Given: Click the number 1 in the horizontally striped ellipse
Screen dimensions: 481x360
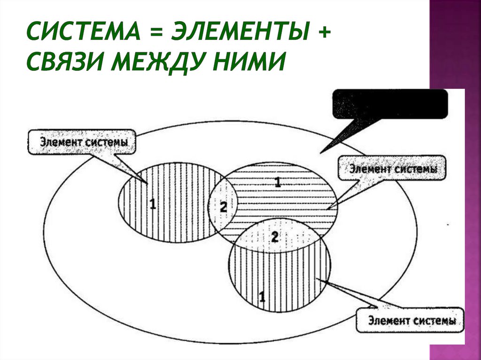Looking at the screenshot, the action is click(278, 183).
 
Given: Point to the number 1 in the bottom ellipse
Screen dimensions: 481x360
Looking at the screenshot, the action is click(262, 296).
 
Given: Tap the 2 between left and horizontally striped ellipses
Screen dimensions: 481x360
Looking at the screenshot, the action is click(223, 206).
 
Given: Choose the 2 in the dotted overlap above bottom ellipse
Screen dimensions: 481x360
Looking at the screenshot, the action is click(275, 237).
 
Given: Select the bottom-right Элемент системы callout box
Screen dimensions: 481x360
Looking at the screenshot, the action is click(410, 321).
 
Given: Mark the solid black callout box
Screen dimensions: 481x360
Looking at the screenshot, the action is click(390, 103).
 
